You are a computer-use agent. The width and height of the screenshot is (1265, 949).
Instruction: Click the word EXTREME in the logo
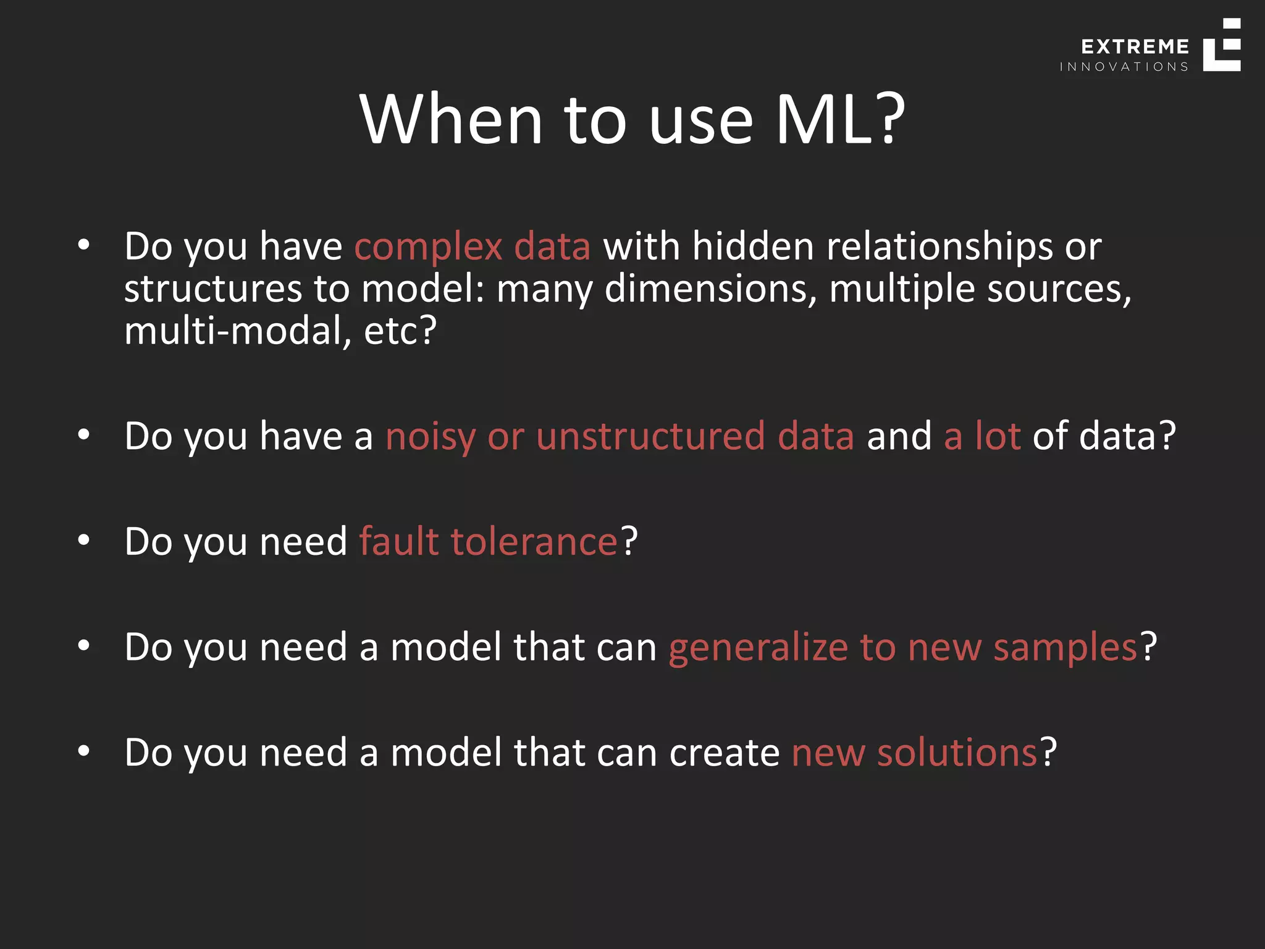[1135, 47]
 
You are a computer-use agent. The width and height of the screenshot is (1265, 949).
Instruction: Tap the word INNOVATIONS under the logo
[1124, 67]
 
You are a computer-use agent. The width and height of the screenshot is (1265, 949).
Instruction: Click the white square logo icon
[1222, 45]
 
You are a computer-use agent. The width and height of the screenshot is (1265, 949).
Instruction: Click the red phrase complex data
[473, 247]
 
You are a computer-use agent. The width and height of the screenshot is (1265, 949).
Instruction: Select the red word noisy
[431, 437]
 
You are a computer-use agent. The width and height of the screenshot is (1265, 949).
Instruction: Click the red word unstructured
[650, 436]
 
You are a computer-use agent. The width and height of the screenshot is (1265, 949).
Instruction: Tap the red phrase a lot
[982, 436]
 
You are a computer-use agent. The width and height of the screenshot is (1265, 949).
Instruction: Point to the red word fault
[399, 542]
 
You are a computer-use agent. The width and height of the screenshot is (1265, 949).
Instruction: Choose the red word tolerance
[534, 542]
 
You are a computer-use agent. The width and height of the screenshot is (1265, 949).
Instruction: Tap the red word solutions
[957, 753]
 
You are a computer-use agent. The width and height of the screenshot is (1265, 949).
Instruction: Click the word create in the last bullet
[724, 753]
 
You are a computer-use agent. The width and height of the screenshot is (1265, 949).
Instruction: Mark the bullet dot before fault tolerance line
[84, 541]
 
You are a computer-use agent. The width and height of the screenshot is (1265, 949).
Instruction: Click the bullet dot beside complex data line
[84, 245]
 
